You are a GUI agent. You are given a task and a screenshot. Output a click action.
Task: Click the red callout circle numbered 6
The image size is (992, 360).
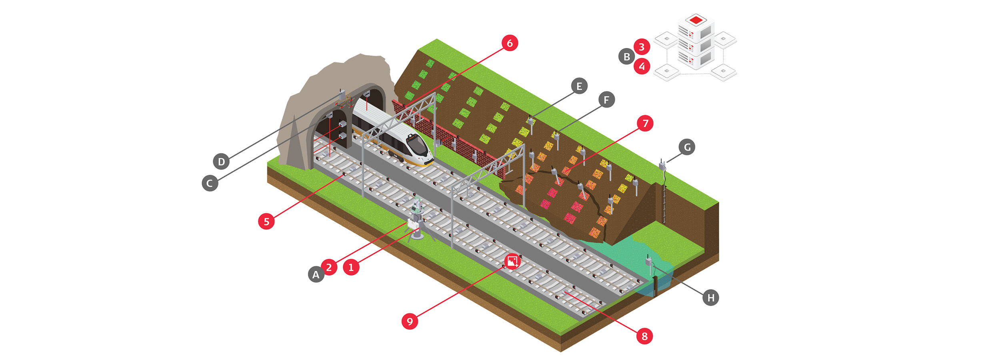[x=510, y=43]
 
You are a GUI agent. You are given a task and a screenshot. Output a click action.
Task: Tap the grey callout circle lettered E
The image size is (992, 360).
[x=579, y=86]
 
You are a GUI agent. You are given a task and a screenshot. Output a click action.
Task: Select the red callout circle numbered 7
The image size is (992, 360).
[x=645, y=123]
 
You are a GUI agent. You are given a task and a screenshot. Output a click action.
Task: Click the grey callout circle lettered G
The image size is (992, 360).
[x=687, y=147]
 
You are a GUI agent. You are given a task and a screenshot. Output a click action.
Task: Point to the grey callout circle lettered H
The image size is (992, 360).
[x=711, y=298]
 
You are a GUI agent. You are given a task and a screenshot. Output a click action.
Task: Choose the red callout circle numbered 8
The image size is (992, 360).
[x=644, y=336]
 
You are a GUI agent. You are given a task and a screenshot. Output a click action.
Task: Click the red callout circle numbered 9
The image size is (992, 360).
[x=410, y=321]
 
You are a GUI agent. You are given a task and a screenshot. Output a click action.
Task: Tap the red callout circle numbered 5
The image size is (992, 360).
[x=266, y=221]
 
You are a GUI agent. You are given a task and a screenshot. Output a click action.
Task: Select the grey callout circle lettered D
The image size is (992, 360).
[x=221, y=162]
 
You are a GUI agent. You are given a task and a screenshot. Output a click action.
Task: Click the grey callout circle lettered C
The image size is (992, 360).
[x=210, y=183]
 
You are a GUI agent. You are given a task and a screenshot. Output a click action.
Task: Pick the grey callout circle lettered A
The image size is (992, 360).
[x=316, y=274]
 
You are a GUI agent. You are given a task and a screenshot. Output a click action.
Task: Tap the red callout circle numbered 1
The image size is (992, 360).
[x=351, y=267]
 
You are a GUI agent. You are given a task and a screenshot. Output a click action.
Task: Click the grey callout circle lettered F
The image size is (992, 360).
[x=606, y=100]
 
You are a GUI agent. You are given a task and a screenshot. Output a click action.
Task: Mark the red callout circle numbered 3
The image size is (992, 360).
[x=642, y=47]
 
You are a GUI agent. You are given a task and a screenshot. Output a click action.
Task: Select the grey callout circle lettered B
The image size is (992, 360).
[x=626, y=57]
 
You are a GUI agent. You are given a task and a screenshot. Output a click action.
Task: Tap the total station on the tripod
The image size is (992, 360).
[x=416, y=208]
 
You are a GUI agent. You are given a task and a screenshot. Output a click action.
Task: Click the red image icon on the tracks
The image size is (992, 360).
[x=512, y=262]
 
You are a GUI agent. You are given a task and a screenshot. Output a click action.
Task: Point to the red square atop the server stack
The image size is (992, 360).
[x=696, y=20]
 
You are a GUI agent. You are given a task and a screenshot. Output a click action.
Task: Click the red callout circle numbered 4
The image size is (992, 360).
[x=642, y=66]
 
